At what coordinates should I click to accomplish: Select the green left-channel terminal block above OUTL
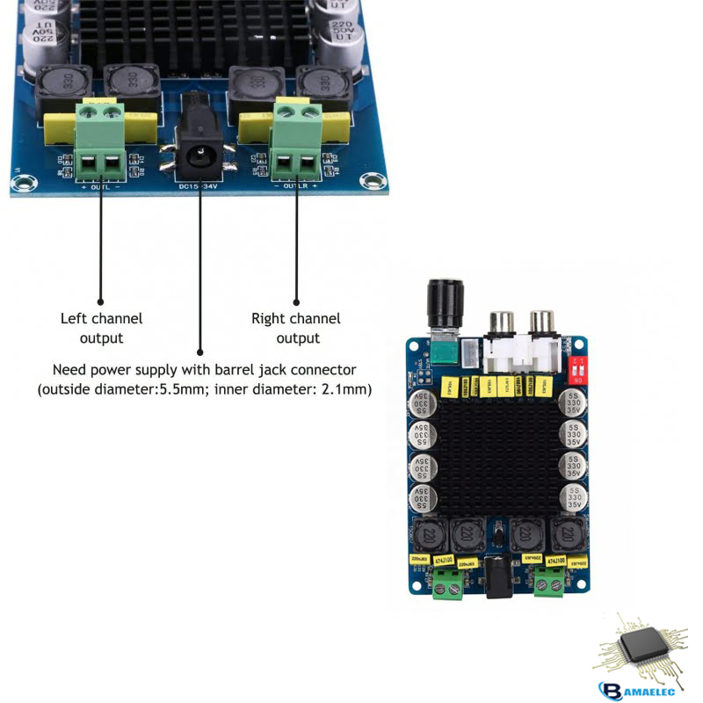(99, 141)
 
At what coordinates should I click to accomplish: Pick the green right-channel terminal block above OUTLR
(297, 141)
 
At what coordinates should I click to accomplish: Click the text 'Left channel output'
(101, 329)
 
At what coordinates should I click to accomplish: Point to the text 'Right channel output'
(296, 329)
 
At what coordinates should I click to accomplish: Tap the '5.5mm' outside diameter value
(179, 388)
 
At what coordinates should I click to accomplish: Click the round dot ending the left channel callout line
(100, 301)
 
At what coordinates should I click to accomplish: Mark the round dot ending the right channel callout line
(296, 301)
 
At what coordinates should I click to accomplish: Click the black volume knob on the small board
(444, 302)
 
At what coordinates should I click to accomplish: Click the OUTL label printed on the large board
(101, 187)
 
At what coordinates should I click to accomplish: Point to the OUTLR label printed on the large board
(296, 187)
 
